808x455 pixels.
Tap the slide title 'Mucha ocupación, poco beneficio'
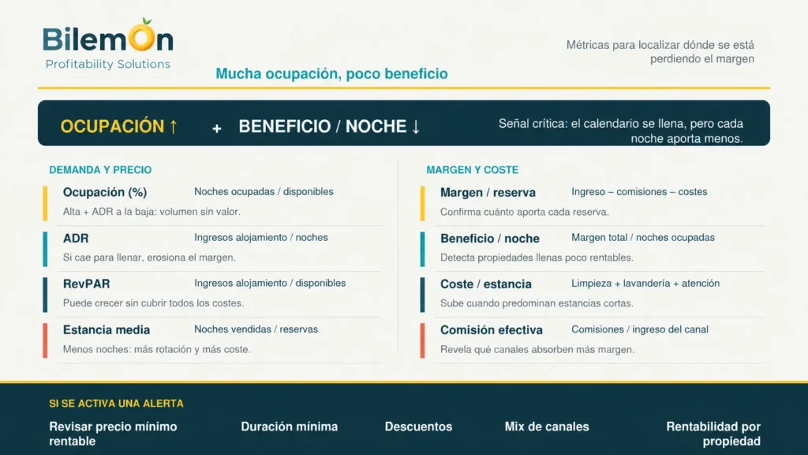pyautogui.click(x=331, y=73)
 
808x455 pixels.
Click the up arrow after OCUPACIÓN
pyautogui.click(x=173, y=126)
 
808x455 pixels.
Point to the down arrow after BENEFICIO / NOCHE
pyautogui.click(x=415, y=126)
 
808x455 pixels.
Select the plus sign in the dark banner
pyautogui.click(x=217, y=129)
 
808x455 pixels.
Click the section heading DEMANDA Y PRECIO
pyautogui.click(x=100, y=170)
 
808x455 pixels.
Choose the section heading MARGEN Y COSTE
pyautogui.click(x=472, y=170)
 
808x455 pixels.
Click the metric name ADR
pyautogui.click(x=76, y=239)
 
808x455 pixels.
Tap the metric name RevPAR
pyautogui.click(x=87, y=284)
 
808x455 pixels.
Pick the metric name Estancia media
pyautogui.click(x=107, y=329)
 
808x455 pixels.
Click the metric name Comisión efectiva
pyautogui.click(x=491, y=329)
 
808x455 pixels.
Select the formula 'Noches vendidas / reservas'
pyautogui.click(x=256, y=329)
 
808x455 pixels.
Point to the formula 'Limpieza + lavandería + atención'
pyautogui.click(x=645, y=284)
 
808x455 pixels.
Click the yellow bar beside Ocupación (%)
pyautogui.click(x=45, y=203)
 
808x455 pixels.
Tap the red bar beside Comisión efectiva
pyautogui.click(x=423, y=340)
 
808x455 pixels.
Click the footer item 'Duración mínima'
pyautogui.click(x=289, y=427)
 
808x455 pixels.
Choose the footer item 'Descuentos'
pyautogui.click(x=418, y=427)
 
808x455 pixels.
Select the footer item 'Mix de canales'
pyautogui.click(x=547, y=427)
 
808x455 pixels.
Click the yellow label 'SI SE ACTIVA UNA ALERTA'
pyautogui.click(x=117, y=404)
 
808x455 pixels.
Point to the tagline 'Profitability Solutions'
pyautogui.click(x=107, y=64)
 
